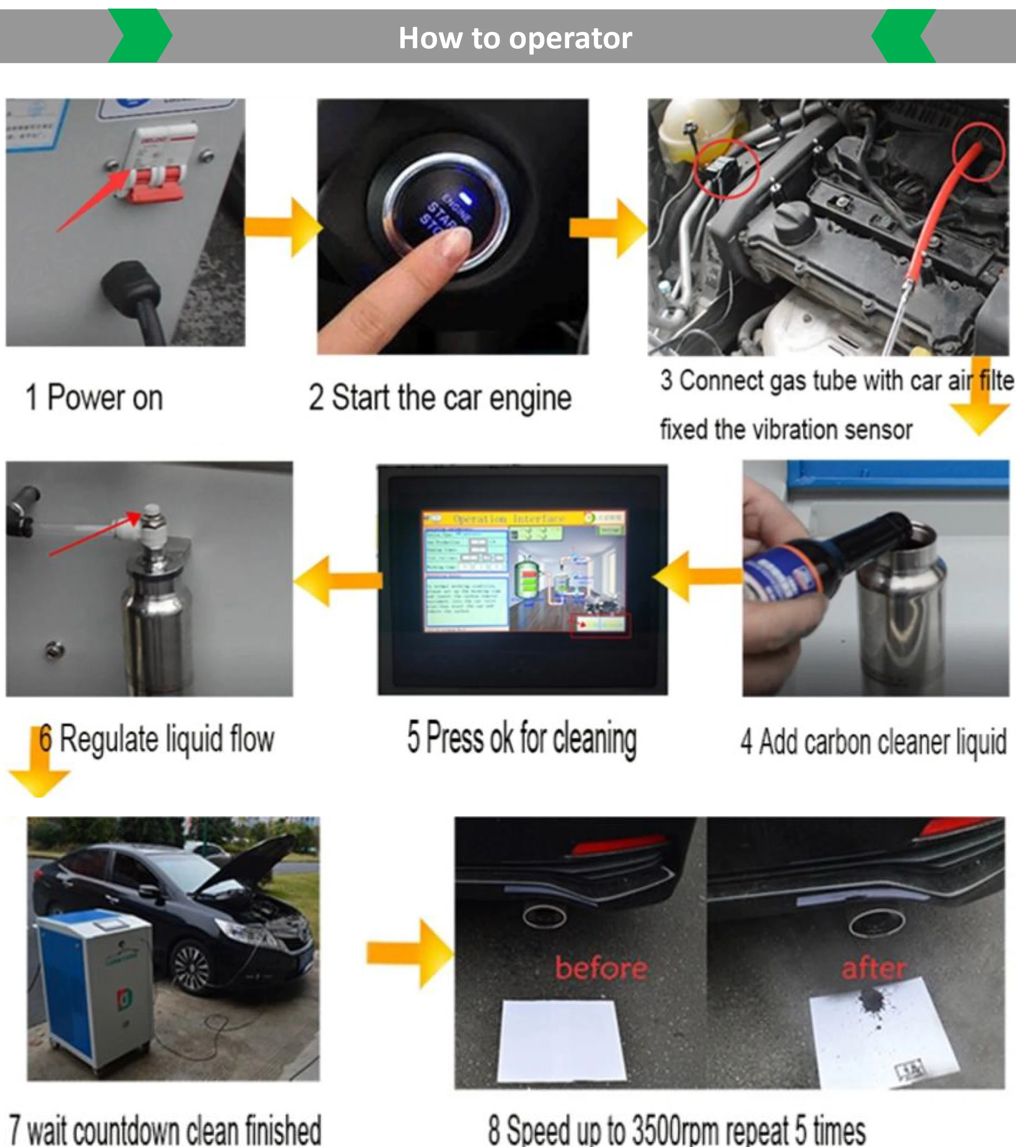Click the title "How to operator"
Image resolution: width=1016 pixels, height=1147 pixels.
pos(515,38)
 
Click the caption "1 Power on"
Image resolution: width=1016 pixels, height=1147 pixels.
pos(94,398)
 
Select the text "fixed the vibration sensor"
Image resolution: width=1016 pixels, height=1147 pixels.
pos(786,430)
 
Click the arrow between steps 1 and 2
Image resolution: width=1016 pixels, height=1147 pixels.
pos(283,227)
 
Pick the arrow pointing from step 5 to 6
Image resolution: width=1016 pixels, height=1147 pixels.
pos(337,581)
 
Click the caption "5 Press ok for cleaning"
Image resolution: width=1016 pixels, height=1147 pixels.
pos(522,739)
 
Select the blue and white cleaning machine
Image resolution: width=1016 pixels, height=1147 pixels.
pos(96,988)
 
